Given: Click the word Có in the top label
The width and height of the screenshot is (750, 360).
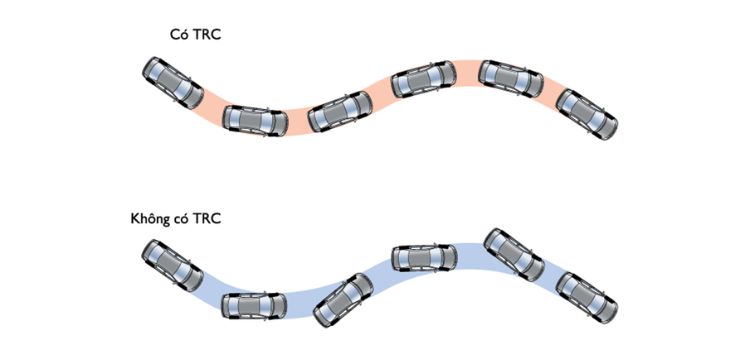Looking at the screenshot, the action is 178,35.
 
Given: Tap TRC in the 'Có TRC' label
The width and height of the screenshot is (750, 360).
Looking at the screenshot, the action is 206,35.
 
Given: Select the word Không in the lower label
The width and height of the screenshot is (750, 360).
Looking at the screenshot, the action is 149,219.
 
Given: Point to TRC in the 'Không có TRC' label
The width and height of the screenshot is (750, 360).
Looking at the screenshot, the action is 206,220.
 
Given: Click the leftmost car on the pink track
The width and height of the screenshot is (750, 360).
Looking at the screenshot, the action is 173,83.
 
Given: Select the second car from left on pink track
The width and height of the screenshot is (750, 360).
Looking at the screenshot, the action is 255,121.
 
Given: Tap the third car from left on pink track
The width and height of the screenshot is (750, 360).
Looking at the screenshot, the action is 340,111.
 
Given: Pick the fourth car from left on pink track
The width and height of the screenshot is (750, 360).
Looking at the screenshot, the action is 424,79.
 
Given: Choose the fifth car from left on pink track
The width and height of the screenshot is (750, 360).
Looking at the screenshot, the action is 511,79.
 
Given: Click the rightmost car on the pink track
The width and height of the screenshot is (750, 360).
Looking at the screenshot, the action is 587,114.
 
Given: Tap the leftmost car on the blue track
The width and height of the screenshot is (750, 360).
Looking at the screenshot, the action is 172,265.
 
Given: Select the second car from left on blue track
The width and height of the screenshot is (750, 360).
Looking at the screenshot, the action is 254,306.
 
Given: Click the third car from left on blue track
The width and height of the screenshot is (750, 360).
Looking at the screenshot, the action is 343,300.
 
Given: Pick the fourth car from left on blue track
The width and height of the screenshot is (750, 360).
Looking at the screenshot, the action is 424,260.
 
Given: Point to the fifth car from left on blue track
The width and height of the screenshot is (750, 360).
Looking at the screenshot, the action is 514,254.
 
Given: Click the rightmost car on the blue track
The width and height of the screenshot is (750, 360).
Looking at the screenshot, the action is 587,298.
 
